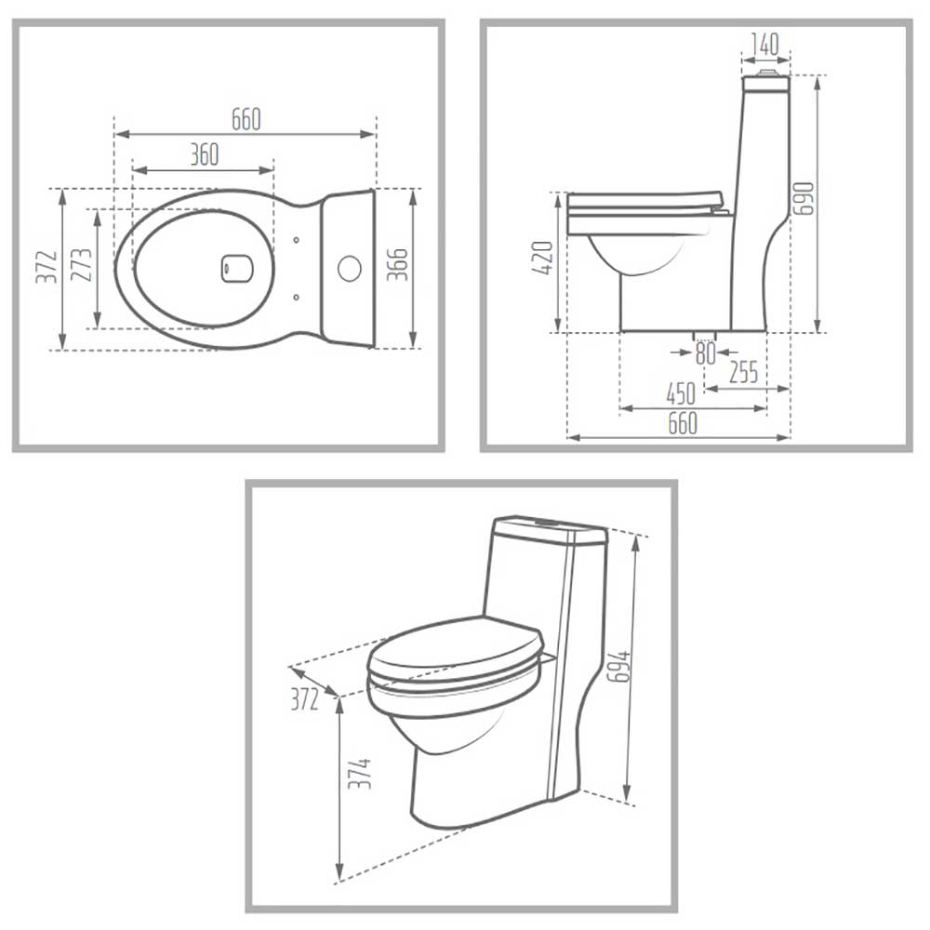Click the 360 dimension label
coord(205,154)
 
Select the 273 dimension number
coord(81,264)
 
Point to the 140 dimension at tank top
coord(765,44)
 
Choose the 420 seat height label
coord(543,258)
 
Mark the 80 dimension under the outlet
coord(706,354)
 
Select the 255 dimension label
coord(744,372)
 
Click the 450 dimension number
coord(681,393)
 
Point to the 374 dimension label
coord(359,773)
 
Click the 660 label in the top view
coord(246,119)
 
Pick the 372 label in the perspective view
coord(305,700)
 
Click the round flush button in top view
coord(350,268)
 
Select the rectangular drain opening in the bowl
coord(236,268)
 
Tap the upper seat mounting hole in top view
coord(297,240)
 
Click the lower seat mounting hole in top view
coord(297,297)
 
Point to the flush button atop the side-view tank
coord(767,73)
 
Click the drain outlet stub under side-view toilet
coord(705,337)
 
